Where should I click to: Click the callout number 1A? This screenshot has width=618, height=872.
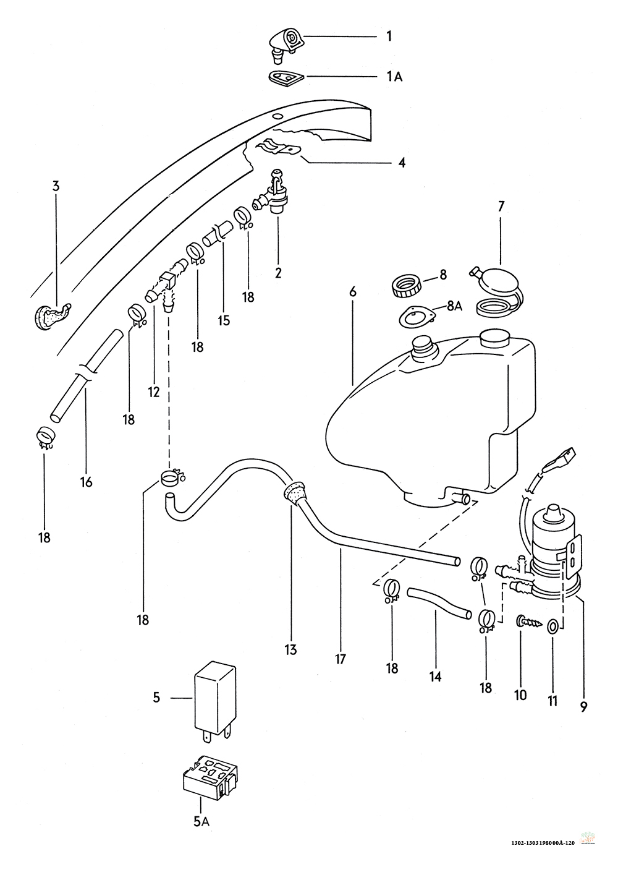pos(394,77)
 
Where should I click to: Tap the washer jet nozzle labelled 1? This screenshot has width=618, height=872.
pos(286,45)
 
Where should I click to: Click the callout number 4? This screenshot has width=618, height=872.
pos(402,162)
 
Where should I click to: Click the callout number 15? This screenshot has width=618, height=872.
pos(224,320)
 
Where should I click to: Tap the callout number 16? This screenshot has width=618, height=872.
pos(87,482)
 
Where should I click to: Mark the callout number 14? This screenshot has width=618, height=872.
pos(436,677)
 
